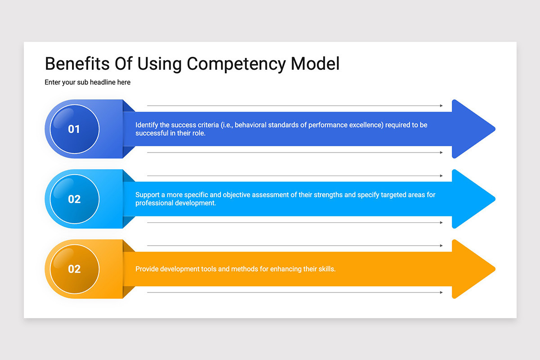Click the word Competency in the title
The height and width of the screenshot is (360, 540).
tap(236, 63)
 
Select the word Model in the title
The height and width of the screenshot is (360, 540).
tap(315, 63)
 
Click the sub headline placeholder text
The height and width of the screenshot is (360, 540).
tap(87, 82)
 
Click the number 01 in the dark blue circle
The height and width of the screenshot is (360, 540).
tap(74, 129)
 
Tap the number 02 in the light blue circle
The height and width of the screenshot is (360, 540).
tap(74, 199)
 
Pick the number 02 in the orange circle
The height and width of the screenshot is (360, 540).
tap(74, 269)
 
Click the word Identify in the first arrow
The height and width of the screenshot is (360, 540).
tap(146, 125)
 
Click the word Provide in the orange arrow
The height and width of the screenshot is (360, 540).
tap(147, 269)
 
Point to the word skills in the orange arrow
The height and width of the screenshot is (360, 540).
tap(326, 269)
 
